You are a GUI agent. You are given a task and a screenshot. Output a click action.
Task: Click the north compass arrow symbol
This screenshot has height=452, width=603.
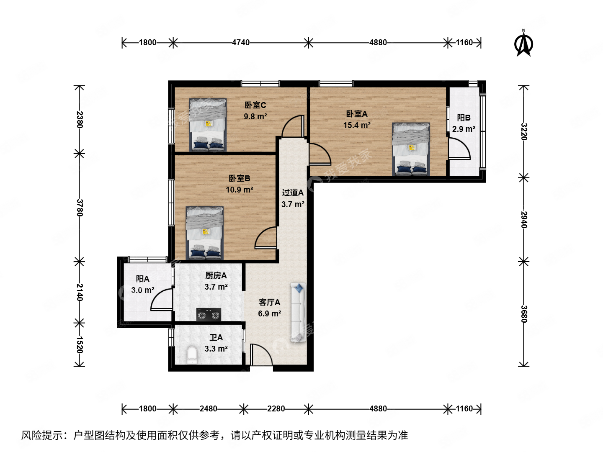point(523,44)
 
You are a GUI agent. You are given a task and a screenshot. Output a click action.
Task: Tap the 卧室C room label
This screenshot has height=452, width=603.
point(255,105)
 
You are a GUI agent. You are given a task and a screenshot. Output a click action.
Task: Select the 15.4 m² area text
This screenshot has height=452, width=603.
point(357,125)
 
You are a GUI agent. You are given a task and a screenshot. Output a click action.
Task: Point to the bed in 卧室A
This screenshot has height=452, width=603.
point(411,149)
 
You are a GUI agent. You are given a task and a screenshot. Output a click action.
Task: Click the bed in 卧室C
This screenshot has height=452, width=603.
point(208,125)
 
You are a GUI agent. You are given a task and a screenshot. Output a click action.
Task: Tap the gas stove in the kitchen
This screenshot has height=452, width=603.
point(209,315)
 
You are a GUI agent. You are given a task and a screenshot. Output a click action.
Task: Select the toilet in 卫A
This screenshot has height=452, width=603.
point(192,354)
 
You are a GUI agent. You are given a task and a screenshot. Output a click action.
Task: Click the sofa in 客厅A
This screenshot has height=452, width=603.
point(298,312)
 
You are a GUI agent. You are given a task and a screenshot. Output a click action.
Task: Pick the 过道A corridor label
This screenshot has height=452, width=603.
point(293,193)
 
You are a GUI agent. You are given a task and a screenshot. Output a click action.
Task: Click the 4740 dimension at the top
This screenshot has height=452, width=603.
point(241,42)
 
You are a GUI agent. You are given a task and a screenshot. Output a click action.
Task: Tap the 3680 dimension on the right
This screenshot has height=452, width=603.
point(524,314)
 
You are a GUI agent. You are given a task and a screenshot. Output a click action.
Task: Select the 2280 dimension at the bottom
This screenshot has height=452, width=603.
point(276,408)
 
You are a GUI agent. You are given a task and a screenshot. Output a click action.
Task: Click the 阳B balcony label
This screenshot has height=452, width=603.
point(464,118)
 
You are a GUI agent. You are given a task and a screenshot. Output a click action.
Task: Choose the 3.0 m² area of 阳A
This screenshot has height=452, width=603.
point(143,290)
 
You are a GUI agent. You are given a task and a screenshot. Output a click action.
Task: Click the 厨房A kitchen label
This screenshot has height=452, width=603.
point(216,275)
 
